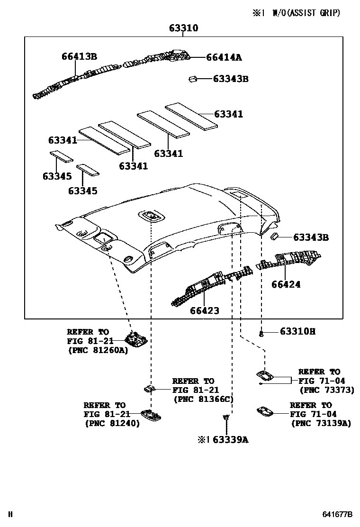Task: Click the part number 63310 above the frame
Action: [x=184, y=28]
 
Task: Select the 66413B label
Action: [x=79, y=56]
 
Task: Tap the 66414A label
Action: [x=224, y=57]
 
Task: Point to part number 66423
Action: [x=205, y=310]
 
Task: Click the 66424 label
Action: [x=286, y=284]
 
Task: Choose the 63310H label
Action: [x=297, y=331]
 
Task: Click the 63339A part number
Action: [x=230, y=439]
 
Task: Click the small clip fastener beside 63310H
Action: [x=261, y=334]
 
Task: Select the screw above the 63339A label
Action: [x=226, y=418]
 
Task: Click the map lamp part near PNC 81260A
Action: [x=135, y=338]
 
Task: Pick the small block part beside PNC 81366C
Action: [x=150, y=389]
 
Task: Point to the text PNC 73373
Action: [x=325, y=390]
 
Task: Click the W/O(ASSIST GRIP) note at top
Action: [x=306, y=13]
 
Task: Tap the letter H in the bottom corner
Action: [x=10, y=514]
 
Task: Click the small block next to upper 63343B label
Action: [x=193, y=79]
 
